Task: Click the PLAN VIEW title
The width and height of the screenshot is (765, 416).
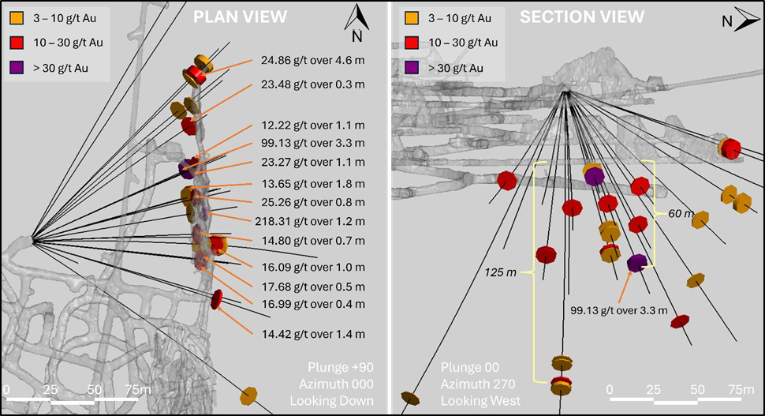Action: (241, 16)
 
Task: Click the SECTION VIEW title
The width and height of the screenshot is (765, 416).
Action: (582, 16)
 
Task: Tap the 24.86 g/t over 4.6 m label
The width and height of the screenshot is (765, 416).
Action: (312, 60)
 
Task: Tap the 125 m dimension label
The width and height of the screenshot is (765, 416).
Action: (501, 273)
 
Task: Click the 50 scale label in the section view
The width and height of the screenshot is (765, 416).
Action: (697, 389)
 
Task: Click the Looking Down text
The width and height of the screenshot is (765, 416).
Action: (331, 401)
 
